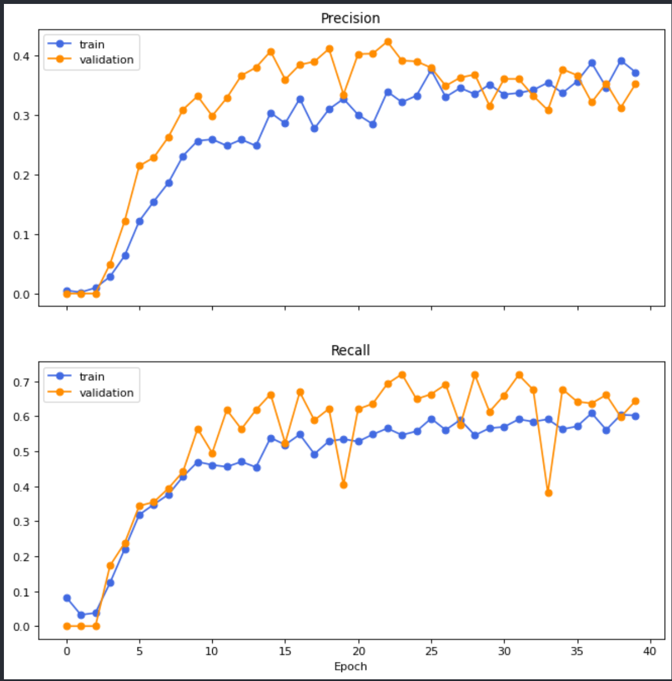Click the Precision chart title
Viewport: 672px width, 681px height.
350,19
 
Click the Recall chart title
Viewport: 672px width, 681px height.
350,351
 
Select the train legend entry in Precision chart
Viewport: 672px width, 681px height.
91,44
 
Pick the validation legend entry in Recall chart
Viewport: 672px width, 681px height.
106,393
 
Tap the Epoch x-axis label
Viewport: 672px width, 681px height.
350,666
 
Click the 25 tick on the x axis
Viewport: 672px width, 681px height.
431,651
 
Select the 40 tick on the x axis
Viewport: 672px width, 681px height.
650,651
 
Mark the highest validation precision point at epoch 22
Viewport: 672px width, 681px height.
388,42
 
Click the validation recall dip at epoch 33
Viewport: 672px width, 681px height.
548,493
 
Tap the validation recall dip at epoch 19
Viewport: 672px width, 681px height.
344,485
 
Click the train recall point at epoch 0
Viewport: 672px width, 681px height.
67,598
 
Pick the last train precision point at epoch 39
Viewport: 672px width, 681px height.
636,73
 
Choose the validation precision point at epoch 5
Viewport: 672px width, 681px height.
140,166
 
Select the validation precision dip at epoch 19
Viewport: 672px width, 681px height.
344,95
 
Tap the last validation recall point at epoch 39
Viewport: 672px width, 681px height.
636,401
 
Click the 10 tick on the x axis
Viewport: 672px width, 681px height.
212,651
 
